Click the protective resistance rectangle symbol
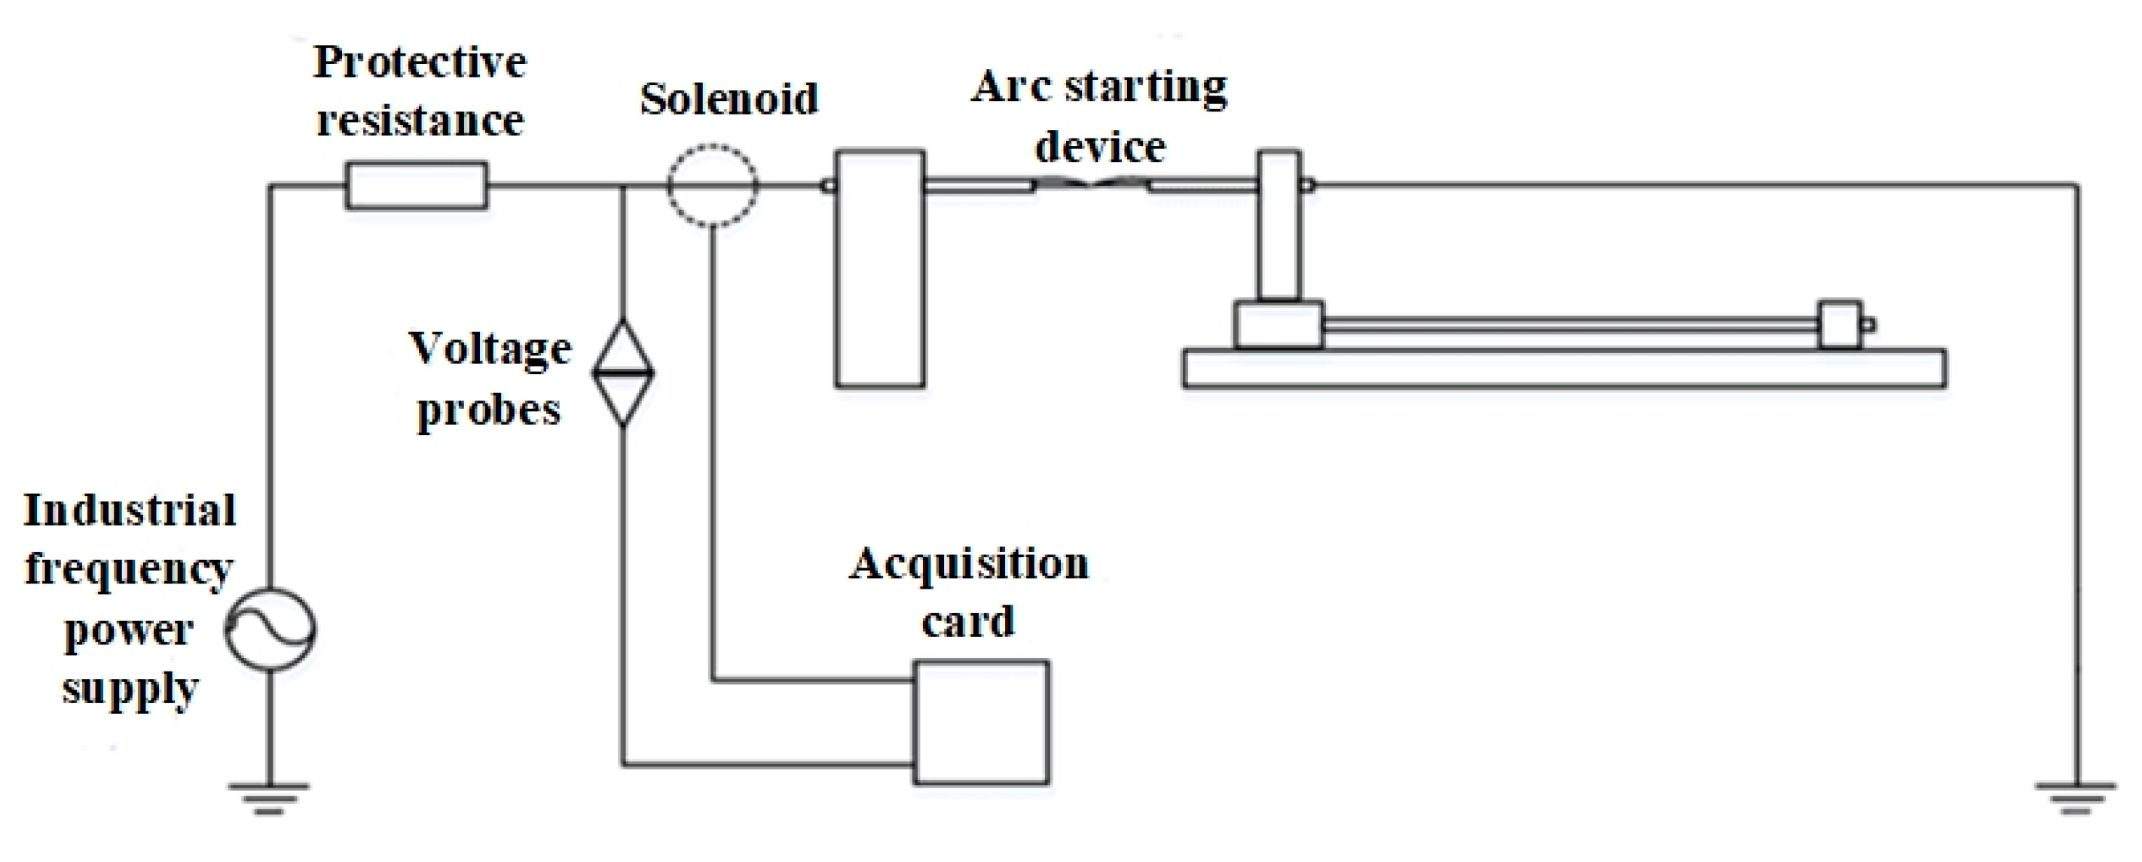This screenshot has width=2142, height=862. pos(417,185)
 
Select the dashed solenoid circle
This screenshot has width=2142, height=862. pos(713,185)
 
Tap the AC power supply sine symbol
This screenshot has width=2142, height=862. pos(270,629)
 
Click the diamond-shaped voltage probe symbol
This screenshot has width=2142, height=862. pos(623,373)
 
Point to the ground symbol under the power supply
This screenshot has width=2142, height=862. pos(268,798)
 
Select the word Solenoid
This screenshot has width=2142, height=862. pos(729,99)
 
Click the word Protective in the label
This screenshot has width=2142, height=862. pos(420,62)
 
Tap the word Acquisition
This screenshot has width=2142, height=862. pos(969,565)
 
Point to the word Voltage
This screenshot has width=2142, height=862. pos(490,349)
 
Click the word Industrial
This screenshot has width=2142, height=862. pos(130,510)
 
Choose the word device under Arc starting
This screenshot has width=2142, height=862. pos(1100,147)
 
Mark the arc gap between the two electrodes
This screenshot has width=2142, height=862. pos(1092,184)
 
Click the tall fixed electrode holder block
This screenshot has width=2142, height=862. pos(880,269)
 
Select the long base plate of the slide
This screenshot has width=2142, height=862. pos(1563,369)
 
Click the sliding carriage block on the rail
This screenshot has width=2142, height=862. pos(1278,324)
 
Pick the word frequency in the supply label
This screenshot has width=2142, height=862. pos(129,570)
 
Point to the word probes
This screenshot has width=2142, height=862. pos(489,410)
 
